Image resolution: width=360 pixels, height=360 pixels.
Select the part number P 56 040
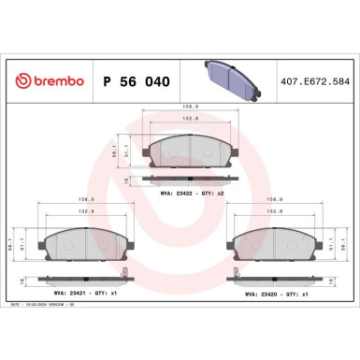click(134, 82)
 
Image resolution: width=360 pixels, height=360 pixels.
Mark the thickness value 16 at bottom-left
click(21, 281)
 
